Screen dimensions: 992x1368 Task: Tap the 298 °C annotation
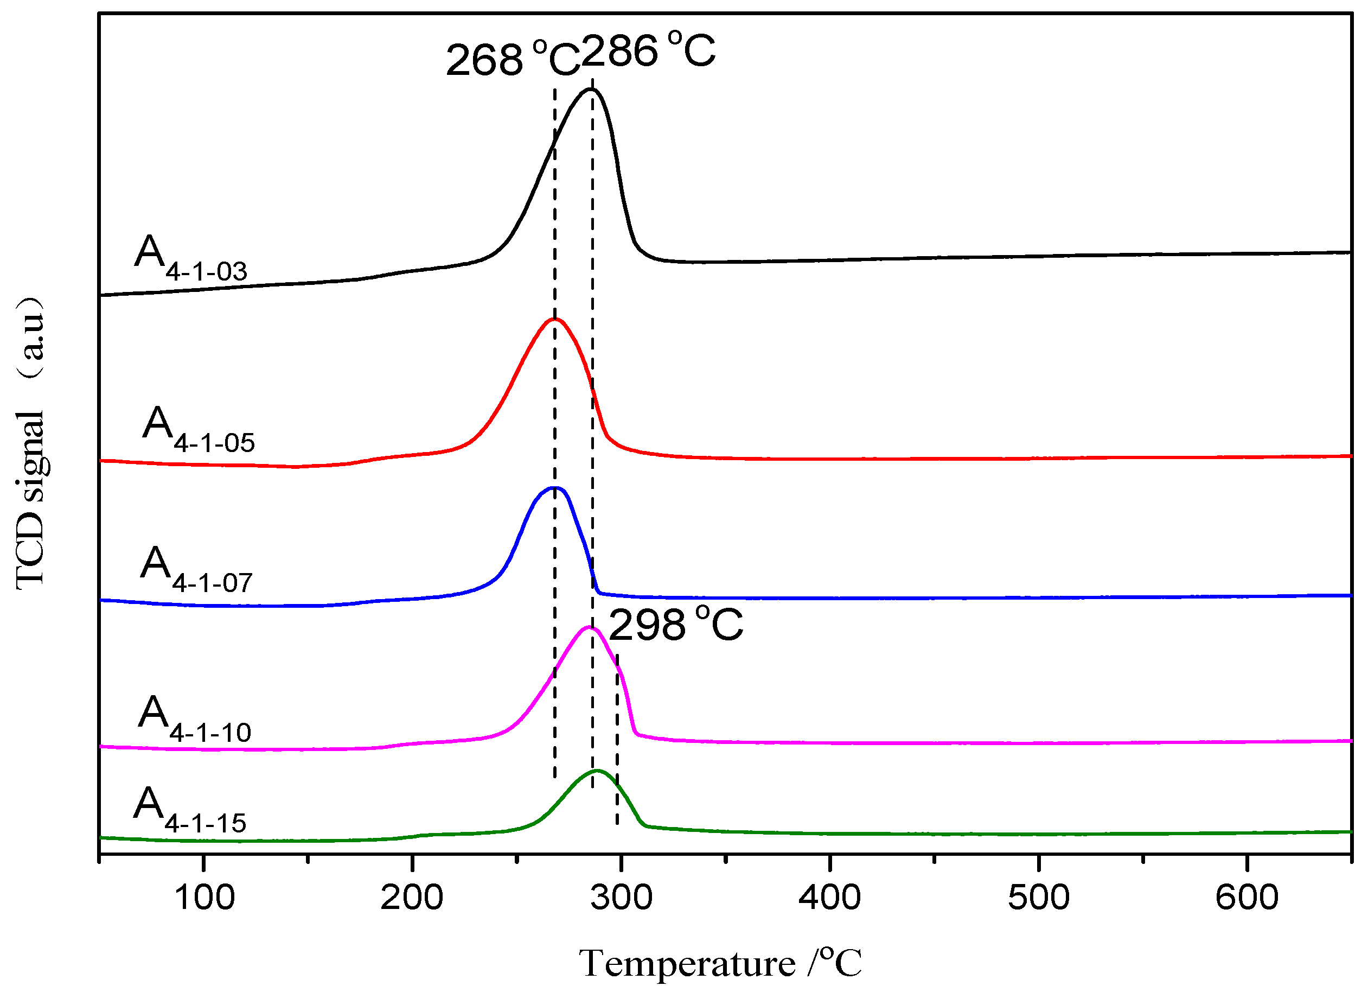(x=675, y=625)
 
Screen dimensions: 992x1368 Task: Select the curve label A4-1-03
(x=190, y=258)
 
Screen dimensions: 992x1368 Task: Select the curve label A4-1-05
(x=199, y=430)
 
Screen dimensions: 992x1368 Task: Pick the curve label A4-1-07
(x=196, y=570)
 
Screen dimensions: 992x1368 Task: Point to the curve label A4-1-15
(x=189, y=810)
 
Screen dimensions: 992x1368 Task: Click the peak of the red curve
(x=554, y=319)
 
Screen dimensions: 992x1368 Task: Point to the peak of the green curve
(x=597, y=771)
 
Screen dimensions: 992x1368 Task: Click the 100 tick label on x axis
(x=204, y=897)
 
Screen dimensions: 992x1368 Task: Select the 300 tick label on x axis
(x=621, y=897)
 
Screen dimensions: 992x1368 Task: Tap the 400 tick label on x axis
(x=829, y=897)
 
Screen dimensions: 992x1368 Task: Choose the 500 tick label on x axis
(x=1038, y=897)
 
